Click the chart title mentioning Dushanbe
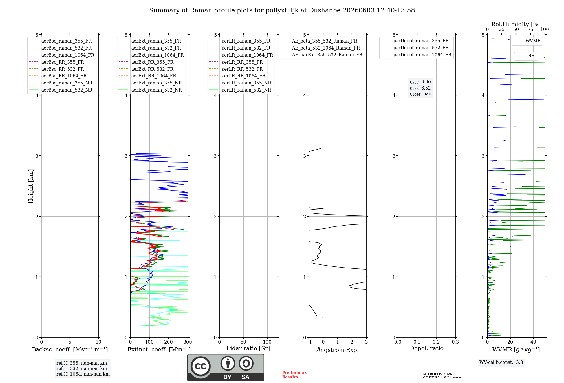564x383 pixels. (x=282, y=10)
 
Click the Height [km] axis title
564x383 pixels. (x=31, y=186)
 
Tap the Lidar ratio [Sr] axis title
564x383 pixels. (x=248, y=348)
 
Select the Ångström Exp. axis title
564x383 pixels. (x=338, y=350)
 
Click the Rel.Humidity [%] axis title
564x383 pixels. (x=516, y=24)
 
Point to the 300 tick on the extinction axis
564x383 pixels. (x=188, y=342)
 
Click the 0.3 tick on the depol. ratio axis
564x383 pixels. (x=455, y=342)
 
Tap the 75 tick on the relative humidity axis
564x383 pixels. (x=530, y=30)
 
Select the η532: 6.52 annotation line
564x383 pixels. (x=420, y=88)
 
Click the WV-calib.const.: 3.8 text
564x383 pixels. (x=501, y=362)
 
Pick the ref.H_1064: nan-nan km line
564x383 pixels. (x=83, y=374)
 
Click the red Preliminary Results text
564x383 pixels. (x=295, y=375)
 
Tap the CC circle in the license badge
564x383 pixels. (x=201, y=366)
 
